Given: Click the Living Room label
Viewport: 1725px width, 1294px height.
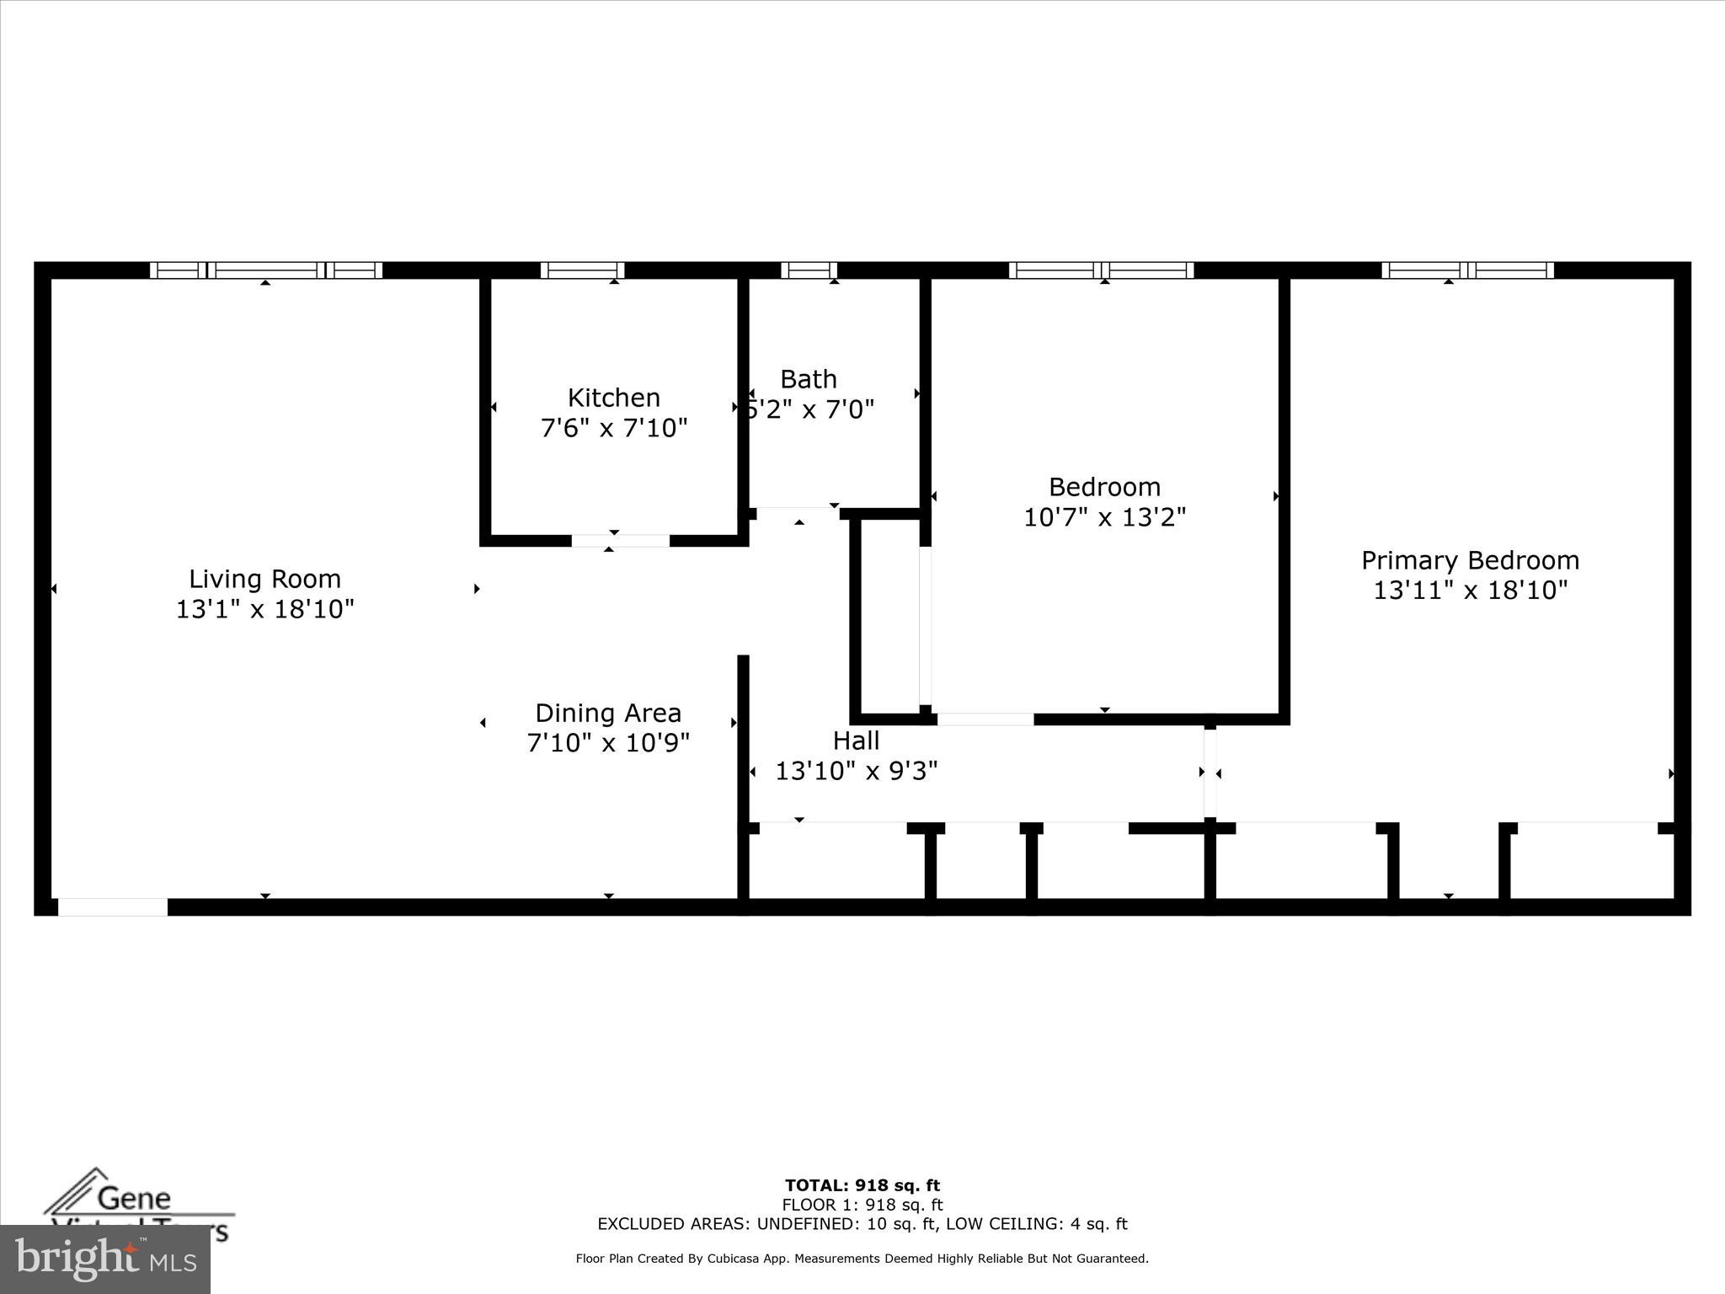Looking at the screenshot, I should (x=264, y=579).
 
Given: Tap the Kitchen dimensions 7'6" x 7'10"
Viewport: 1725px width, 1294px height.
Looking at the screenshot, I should (x=614, y=428).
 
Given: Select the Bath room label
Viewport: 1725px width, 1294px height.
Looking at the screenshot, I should (x=808, y=379).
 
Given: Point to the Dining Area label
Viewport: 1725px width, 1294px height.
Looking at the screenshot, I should (x=607, y=713).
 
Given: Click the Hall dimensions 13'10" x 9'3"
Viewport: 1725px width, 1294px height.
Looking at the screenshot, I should (x=856, y=771).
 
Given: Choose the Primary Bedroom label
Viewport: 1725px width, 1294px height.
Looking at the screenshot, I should (x=1470, y=560).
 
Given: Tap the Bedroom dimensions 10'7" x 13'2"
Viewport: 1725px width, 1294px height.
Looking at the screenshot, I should (x=1104, y=516).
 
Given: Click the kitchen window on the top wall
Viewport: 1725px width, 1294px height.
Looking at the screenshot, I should (x=582, y=270).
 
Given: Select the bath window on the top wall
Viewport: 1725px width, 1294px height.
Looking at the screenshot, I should (x=809, y=270).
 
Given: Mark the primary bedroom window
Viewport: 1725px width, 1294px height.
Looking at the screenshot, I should (x=1467, y=270).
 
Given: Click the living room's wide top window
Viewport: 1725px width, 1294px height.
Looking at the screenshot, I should (x=266, y=270).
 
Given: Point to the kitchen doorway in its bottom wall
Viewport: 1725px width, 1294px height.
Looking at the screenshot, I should (x=621, y=541).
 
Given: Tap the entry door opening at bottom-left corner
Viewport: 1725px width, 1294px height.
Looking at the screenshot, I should (x=112, y=907).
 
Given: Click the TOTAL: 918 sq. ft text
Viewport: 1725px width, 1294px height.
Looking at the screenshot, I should (x=862, y=1186).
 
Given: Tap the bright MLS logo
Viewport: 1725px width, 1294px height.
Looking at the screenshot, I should (x=105, y=1259).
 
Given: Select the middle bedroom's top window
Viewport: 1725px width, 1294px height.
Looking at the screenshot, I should (x=1101, y=270).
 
